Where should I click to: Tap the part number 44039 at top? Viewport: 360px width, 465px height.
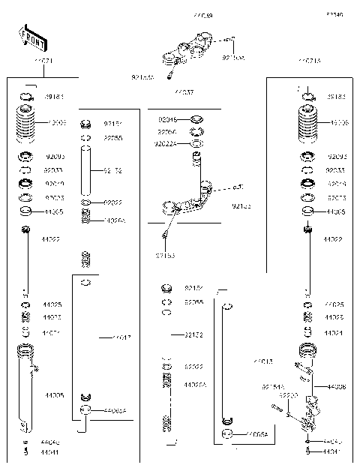click(202, 16)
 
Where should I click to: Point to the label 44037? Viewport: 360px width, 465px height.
click(184, 92)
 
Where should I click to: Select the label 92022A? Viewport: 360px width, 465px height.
click(165, 144)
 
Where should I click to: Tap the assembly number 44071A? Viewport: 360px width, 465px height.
click(308, 61)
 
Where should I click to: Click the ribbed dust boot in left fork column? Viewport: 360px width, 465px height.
click(26, 121)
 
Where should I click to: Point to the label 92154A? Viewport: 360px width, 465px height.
click(271, 386)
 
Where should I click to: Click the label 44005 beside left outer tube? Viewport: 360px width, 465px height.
click(54, 394)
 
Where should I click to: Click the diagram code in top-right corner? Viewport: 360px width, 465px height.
click(334, 14)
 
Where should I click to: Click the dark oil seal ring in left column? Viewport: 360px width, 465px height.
click(25, 183)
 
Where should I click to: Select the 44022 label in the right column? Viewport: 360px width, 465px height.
click(333, 239)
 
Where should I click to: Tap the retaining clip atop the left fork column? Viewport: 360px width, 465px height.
click(26, 96)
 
